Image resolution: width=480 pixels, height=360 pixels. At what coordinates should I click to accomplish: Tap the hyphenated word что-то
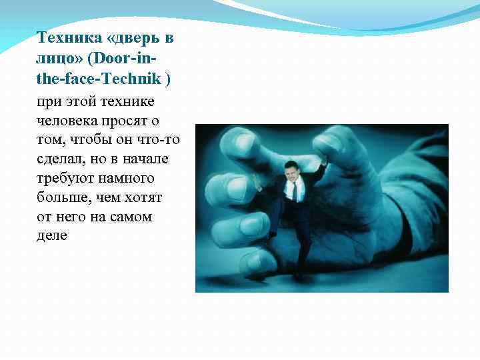click(x=157, y=140)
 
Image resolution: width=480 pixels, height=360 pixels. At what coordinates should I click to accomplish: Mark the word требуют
click(x=65, y=179)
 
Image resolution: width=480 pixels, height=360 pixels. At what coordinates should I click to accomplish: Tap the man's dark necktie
click(x=293, y=191)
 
